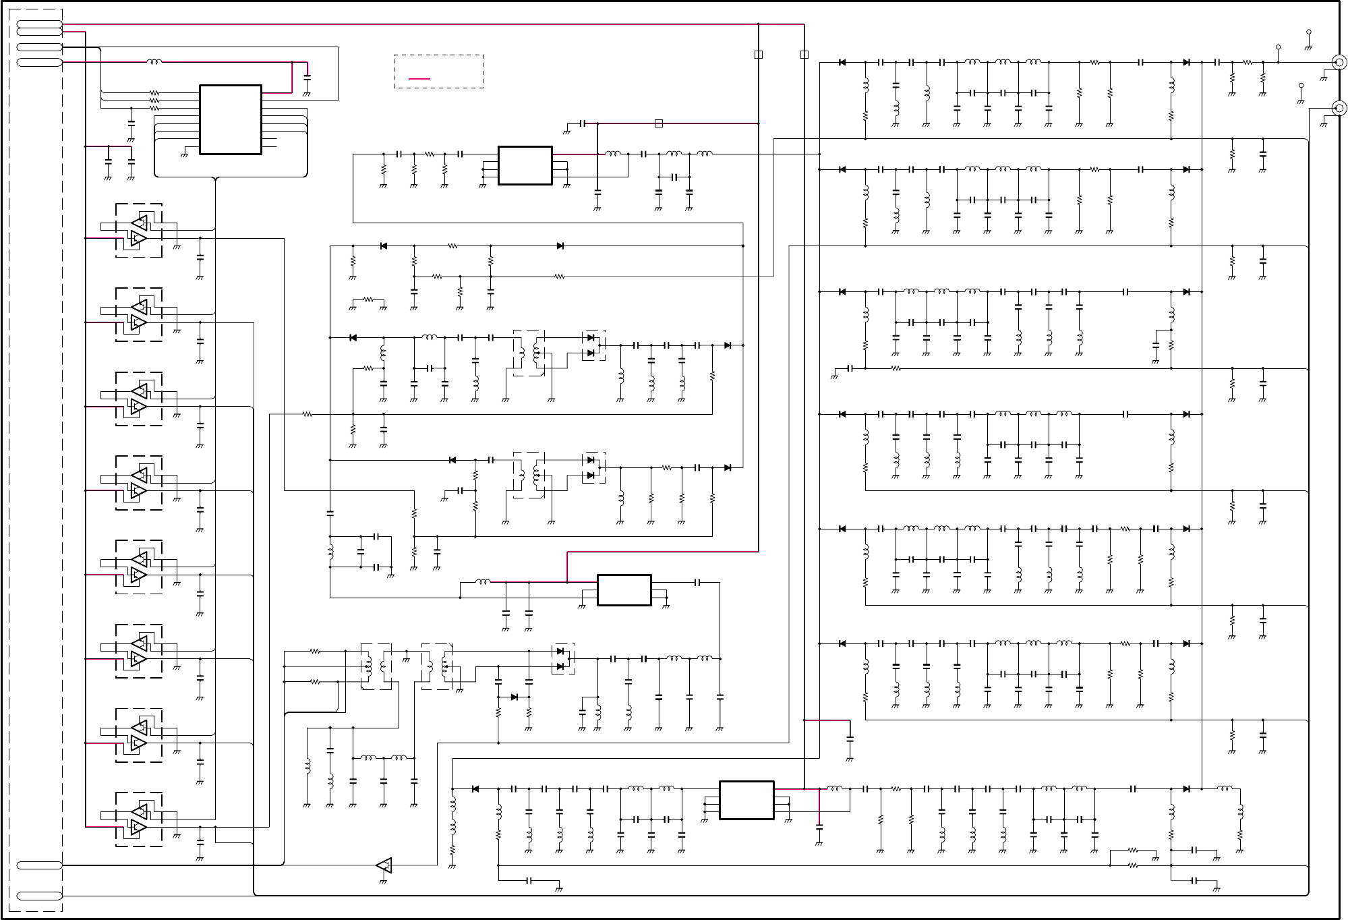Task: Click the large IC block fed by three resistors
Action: [230, 119]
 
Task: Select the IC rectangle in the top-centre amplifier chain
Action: [525, 165]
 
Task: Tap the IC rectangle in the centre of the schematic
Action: [624, 590]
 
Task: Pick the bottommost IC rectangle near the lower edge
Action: [746, 800]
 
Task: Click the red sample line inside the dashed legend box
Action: [419, 79]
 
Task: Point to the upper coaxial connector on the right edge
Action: [1340, 63]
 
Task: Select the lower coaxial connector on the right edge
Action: [1340, 108]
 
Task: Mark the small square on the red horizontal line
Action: [659, 123]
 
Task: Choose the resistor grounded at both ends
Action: [368, 299]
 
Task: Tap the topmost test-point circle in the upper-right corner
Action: [1309, 32]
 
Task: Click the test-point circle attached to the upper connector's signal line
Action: [1278, 47]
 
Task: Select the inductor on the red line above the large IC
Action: [154, 62]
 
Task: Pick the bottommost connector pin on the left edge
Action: [39, 896]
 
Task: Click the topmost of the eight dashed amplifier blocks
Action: [139, 230]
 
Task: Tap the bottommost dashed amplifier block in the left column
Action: [139, 820]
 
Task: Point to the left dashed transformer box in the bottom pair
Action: [376, 666]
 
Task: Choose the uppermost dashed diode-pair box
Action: [593, 345]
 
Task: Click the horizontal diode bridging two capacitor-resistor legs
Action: [514, 697]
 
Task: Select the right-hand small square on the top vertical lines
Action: [804, 55]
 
